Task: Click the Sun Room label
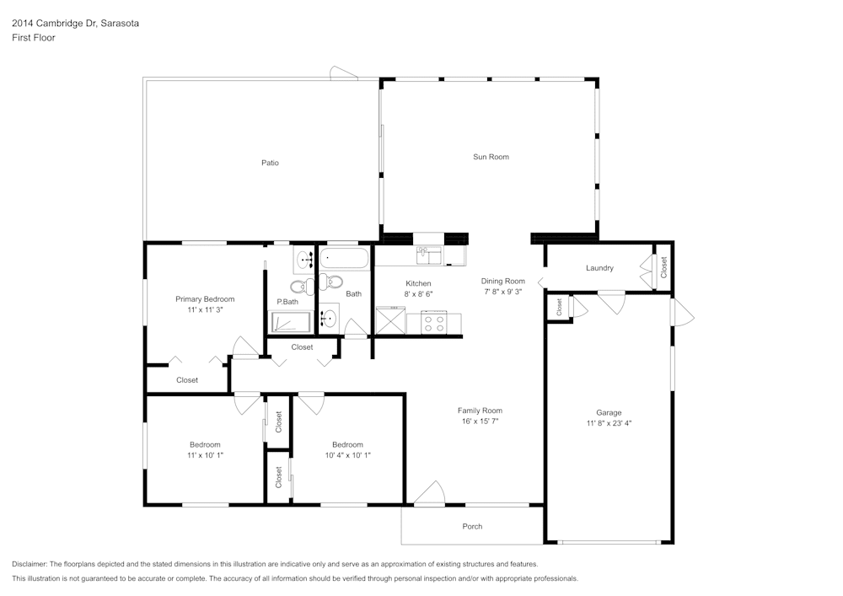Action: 491,157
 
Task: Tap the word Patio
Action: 270,163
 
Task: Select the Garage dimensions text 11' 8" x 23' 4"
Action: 609,423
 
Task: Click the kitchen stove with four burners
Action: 434,321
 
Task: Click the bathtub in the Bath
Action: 344,258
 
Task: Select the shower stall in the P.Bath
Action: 290,322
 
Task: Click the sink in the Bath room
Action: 330,319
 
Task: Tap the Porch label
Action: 472,527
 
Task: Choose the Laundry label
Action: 599,268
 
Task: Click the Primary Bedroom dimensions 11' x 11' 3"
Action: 205,310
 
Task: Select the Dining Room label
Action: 503,281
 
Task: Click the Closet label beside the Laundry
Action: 663,268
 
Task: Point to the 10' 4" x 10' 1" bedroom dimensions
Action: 347,455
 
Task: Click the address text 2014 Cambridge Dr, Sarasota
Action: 76,24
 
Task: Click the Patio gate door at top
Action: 343,73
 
